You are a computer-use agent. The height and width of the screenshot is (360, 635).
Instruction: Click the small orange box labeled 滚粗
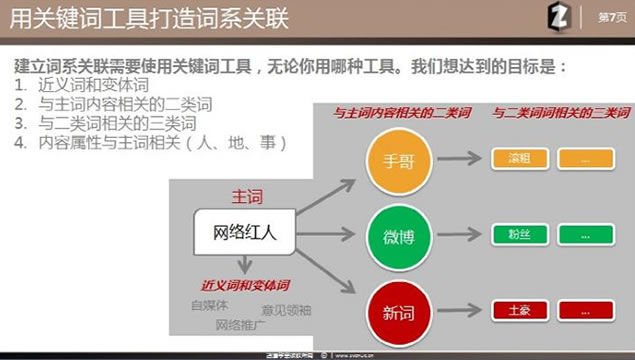(x=518, y=159)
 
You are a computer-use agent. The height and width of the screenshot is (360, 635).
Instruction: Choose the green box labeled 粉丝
(x=518, y=236)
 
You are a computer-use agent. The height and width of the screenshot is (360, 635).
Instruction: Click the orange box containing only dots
(x=585, y=159)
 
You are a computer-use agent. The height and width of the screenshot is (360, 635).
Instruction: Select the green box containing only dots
(x=585, y=236)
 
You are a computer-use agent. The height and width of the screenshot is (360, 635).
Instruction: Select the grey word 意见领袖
(x=286, y=310)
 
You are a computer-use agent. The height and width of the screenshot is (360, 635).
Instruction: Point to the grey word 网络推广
(x=240, y=324)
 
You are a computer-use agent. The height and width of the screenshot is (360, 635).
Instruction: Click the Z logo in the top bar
(x=561, y=17)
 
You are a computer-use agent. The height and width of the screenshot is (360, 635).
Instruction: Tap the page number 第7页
(x=609, y=17)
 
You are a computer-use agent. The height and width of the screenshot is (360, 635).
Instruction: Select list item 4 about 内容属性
(x=150, y=142)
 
